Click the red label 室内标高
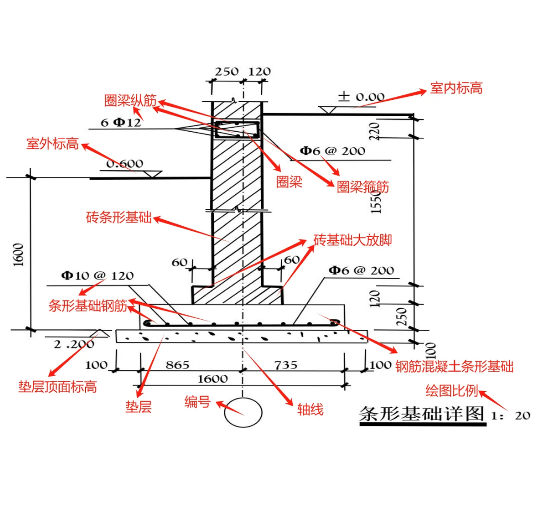[456, 88]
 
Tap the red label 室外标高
[52, 144]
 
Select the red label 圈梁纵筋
[130, 101]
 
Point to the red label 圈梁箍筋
[363, 187]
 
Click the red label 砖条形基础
[119, 217]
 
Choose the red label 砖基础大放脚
[352, 240]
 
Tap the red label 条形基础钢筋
[88, 306]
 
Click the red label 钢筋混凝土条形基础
[454, 366]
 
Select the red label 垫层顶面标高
[57, 387]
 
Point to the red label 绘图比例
[451, 391]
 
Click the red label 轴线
[310, 410]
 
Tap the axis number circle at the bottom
[243, 412]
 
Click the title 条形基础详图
[422, 414]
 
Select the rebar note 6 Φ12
[121, 122]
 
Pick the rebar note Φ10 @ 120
[97, 275]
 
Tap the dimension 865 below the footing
[177, 365]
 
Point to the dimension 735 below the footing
[286, 365]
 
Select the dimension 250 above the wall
[227, 72]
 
